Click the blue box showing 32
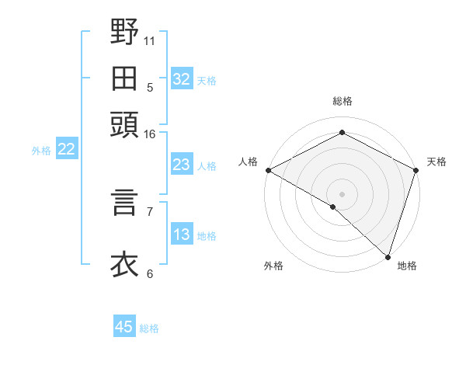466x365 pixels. tap(182, 79)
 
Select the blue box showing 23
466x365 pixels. tap(182, 165)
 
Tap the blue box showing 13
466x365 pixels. tap(182, 235)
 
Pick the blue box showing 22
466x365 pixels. tap(66, 150)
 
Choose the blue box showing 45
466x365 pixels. tap(124, 327)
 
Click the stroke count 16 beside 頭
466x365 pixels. tap(150, 134)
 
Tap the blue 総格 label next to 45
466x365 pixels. tap(149, 328)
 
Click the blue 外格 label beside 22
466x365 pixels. tap(40, 151)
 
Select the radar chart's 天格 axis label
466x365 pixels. tap(436, 162)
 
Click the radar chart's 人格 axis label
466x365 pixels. tap(248, 162)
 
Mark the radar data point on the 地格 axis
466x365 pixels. tap(388, 255)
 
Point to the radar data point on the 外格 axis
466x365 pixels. tap(333, 207)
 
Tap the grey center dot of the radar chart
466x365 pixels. tap(342, 193)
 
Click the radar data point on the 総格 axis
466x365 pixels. tap(342, 133)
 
